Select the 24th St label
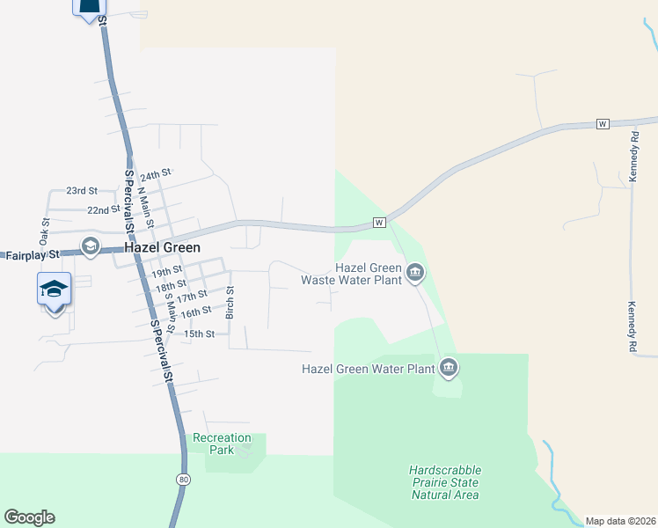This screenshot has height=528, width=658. point(156,176)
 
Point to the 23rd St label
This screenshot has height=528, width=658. point(82,191)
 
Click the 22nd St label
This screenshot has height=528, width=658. point(103,210)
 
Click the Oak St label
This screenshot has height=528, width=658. point(43,231)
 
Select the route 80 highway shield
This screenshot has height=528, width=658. point(182,480)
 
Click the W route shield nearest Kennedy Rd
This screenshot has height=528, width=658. point(603,122)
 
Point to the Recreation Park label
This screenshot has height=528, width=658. point(222,444)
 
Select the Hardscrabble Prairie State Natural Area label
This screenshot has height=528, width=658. point(445,482)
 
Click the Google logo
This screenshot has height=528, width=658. point(29,517)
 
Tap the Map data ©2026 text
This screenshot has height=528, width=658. point(619,521)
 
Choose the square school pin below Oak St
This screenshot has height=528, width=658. point(54,289)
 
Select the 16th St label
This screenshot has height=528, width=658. point(194,312)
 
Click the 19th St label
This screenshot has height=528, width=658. point(165,271)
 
